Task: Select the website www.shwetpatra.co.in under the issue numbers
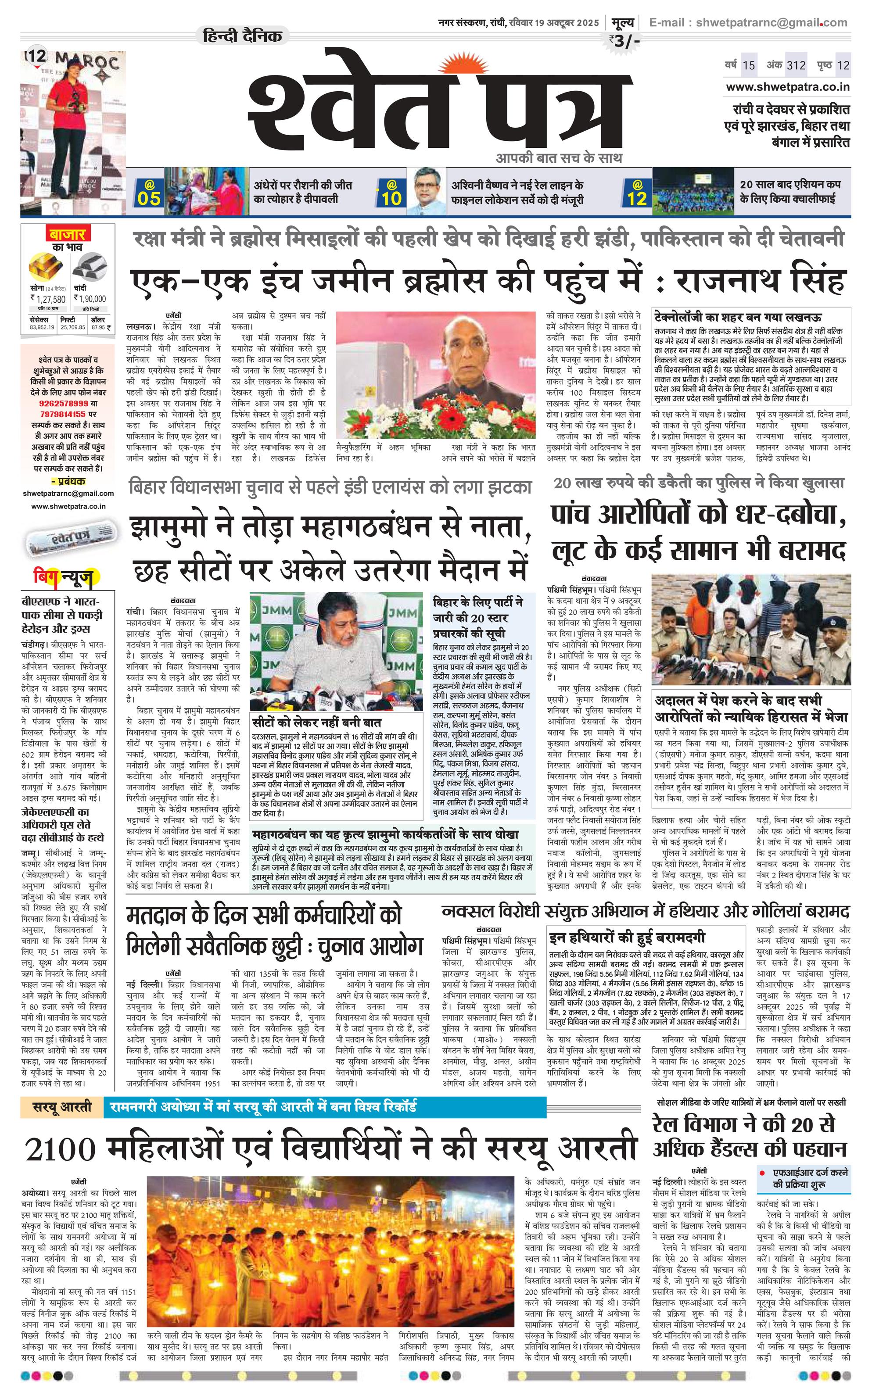(787, 87)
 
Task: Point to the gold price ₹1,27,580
(48, 299)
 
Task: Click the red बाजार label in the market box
(67, 235)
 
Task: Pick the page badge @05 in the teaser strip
(149, 193)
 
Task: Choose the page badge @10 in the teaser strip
(391, 193)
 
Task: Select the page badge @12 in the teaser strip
(637, 193)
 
